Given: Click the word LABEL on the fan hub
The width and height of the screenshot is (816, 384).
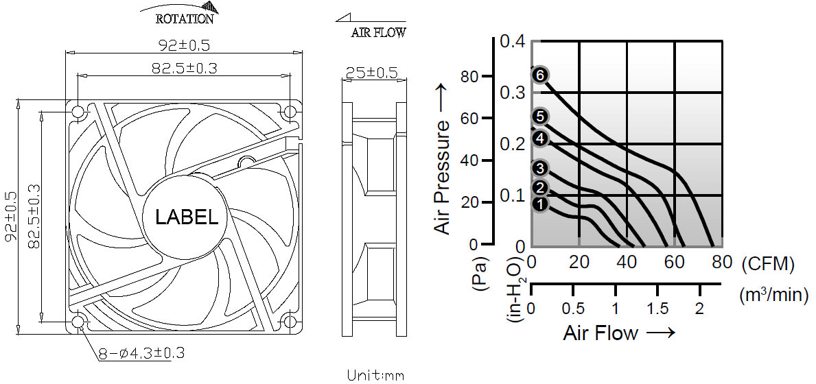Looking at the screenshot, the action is (187, 217).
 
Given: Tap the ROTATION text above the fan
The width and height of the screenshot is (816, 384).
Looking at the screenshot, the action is (184, 19).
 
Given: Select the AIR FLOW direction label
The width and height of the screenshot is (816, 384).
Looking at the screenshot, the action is (378, 32).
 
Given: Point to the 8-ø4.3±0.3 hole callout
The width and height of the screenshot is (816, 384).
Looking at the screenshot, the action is (141, 353).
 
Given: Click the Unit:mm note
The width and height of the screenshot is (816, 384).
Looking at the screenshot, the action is (375, 374).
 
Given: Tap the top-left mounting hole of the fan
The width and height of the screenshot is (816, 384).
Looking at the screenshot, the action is (79, 112).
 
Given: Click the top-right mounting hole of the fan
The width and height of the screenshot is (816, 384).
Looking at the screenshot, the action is (290, 112).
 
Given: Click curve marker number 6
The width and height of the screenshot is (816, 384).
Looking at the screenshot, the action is (540, 75).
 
